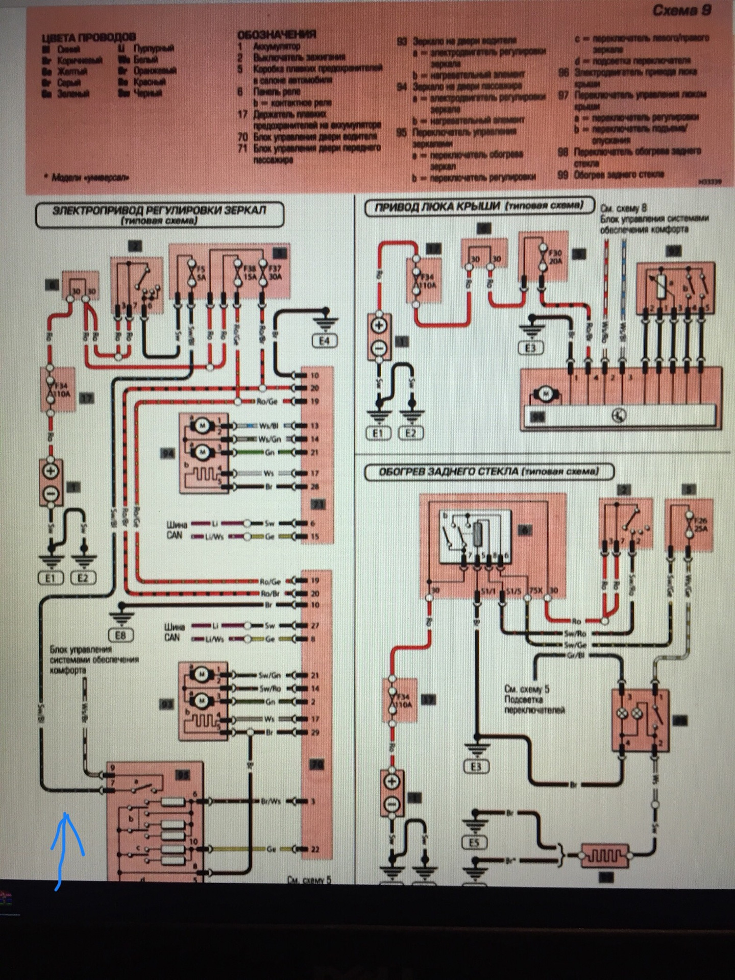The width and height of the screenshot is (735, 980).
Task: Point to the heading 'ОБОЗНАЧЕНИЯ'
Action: (276, 35)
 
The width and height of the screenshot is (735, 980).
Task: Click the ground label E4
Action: (325, 341)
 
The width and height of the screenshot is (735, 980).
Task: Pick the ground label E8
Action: (120, 635)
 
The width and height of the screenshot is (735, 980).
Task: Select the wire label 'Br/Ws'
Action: (271, 801)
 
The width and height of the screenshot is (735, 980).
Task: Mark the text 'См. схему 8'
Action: (624, 209)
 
